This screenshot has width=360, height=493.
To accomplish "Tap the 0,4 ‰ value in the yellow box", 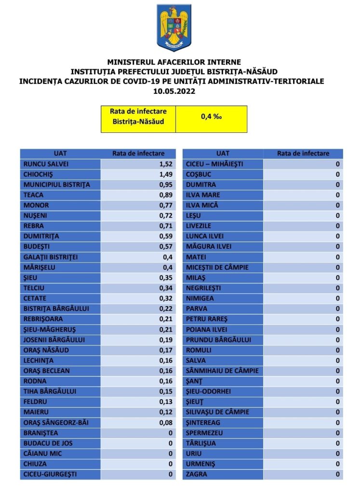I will [211, 117].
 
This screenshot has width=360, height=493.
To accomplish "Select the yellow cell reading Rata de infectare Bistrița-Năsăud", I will [139, 117].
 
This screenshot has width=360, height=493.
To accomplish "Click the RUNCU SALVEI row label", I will [46, 164].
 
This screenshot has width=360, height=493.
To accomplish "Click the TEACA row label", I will [33, 195].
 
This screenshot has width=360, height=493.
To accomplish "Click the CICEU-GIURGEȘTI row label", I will [50, 474].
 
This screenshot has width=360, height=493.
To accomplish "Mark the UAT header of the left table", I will [60, 154].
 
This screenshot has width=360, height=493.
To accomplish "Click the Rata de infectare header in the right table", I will [303, 154].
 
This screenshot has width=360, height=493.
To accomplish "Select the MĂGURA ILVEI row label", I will [209, 246].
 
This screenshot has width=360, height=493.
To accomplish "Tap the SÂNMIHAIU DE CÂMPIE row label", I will [222, 371].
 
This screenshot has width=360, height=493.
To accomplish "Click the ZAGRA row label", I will [196, 474].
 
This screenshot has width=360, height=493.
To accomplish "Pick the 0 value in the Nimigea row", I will [338, 298].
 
